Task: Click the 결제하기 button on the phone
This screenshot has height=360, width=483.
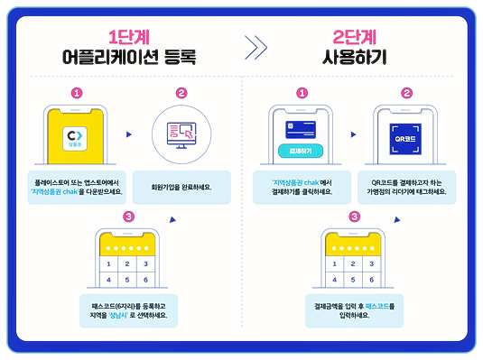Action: click(302, 149)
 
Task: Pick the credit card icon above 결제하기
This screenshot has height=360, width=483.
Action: click(302, 129)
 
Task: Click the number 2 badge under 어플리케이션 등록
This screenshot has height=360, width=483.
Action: click(181, 92)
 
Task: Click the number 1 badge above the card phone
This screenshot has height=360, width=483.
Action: click(302, 92)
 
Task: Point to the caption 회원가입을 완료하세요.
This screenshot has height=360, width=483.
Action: click(181, 188)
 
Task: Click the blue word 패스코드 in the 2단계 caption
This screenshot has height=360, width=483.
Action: click(377, 307)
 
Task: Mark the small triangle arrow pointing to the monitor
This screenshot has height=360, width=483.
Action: click(128, 134)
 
